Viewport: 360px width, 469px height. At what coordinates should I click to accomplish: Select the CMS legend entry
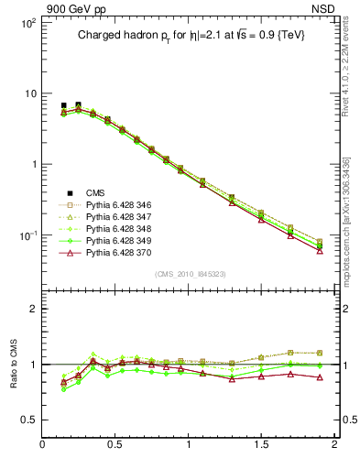pyautogui.click(x=95, y=192)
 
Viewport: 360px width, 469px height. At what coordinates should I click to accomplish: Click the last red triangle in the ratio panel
pyautogui.click(x=320, y=377)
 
